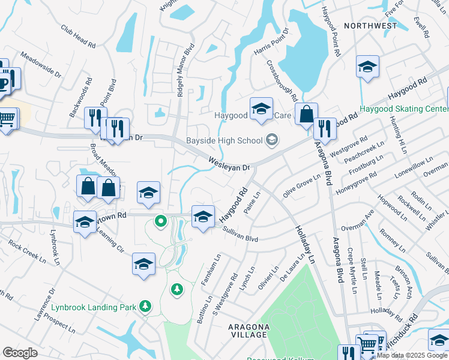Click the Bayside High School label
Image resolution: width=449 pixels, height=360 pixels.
pyautogui.click(x=224, y=140)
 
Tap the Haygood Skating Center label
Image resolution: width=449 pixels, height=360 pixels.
pyautogui.click(x=403, y=109)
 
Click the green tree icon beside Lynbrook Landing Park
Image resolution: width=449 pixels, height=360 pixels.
pyautogui.click(x=145, y=307)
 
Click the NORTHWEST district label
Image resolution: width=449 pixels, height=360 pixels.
pyautogui.click(x=370, y=26)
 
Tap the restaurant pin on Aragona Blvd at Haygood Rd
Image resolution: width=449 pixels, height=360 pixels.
pyautogui.click(x=325, y=128)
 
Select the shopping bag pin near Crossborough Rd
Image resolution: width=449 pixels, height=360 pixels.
pyautogui.click(x=306, y=113)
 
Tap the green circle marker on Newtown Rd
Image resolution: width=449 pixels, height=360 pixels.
pyautogui.click(x=160, y=221)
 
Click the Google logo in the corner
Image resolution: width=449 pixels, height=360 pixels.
pyautogui.click(x=20, y=353)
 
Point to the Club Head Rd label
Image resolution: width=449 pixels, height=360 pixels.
pyautogui.click(x=78, y=37)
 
